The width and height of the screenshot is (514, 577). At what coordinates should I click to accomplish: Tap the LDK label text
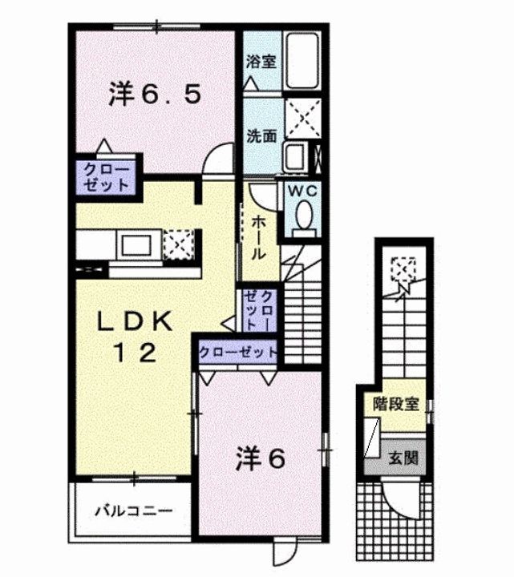pyautogui.click(x=135, y=321)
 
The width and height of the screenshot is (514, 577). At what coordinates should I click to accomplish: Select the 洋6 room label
pyautogui.click(x=261, y=458)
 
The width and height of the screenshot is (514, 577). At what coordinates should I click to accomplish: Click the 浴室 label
pyautogui.click(x=261, y=61)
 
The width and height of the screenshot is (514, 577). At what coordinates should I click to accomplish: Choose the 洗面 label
pyautogui.click(x=261, y=136)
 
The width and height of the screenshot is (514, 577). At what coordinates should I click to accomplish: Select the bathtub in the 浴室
pyautogui.click(x=302, y=62)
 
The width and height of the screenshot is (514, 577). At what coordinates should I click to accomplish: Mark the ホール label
pyautogui.click(x=260, y=235)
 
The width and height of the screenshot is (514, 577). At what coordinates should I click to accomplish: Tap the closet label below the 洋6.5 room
pyautogui.click(x=105, y=176)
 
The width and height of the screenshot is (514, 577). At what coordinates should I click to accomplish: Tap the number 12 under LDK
pyautogui.click(x=135, y=352)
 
